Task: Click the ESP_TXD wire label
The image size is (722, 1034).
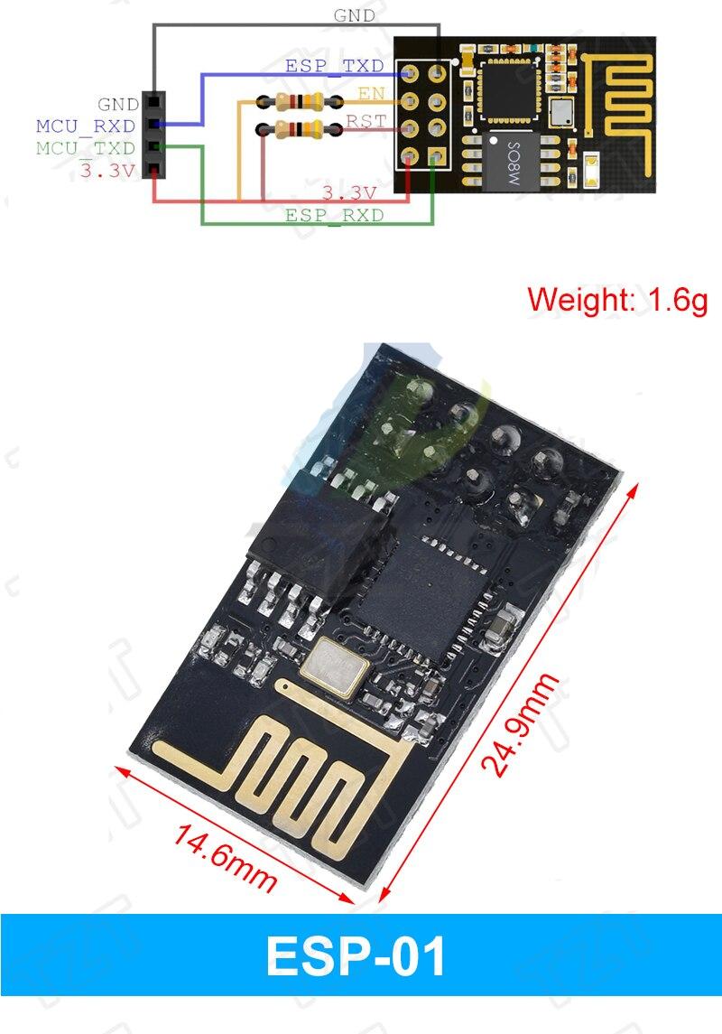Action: tap(334, 66)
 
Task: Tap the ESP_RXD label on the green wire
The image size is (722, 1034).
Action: tap(334, 216)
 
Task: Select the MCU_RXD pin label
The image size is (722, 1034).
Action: tap(86, 126)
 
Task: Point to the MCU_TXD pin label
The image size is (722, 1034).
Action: tap(86, 147)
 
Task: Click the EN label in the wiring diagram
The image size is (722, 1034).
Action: tap(371, 93)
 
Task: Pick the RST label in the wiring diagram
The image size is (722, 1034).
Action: tap(366, 121)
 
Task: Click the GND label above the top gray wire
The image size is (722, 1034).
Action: tap(355, 15)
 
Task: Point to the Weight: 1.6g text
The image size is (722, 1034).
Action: tap(617, 299)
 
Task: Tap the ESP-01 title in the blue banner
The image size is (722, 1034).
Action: tap(356, 957)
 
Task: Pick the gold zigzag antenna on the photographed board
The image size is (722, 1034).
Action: tap(289, 777)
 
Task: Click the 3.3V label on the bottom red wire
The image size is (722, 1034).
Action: tap(348, 192)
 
